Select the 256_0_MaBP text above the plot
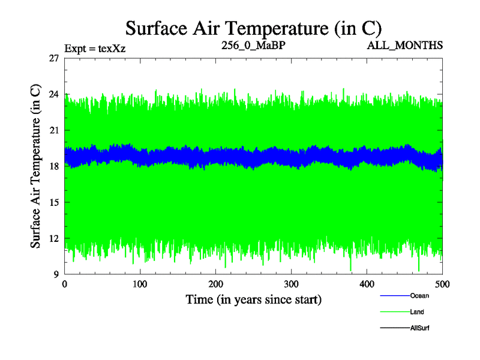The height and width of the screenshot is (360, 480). [248, 45]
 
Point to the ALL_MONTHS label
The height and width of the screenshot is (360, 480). [411, 45]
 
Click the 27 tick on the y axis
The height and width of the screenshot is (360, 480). [53, 58]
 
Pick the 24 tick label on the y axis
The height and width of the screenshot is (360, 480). [53, 94]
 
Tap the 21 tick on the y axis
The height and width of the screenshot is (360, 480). [53, 130]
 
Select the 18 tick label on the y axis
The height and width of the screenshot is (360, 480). [53, 166]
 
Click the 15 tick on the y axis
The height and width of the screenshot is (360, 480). [53, 202]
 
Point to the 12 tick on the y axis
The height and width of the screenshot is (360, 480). [53, 238]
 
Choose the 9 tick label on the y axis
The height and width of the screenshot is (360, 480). [56, 274]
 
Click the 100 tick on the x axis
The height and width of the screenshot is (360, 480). [140, 284]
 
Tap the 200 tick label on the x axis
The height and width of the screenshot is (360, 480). [216, 284]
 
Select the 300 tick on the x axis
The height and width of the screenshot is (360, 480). [292, 284]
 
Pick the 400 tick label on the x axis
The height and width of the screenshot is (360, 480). [367, 284]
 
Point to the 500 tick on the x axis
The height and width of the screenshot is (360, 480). [442, 284]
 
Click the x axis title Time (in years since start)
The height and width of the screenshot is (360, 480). [253, 299]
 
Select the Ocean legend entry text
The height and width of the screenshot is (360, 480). [419, 295]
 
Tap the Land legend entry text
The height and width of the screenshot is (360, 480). [417, 312]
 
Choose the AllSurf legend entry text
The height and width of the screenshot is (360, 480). [420, 328]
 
